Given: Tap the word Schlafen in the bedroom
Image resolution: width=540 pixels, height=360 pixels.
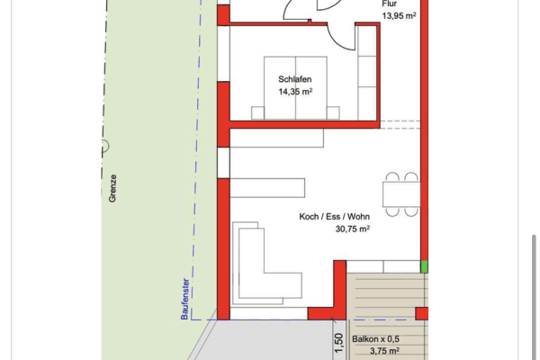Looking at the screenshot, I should [294, 78].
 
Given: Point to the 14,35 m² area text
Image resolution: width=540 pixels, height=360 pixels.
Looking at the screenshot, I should [295, 91].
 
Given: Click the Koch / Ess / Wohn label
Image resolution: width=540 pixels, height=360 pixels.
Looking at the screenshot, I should [334, 217].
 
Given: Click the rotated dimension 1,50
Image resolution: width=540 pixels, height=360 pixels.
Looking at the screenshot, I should [339, 343].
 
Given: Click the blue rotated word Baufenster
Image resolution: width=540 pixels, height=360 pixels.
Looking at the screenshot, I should [184, 296].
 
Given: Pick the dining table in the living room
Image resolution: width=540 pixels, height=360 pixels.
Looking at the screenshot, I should [400, 193].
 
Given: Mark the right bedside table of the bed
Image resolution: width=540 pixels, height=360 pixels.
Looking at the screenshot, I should [332, 112].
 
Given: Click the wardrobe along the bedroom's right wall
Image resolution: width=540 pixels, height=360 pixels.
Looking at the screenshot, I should [366, 72].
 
